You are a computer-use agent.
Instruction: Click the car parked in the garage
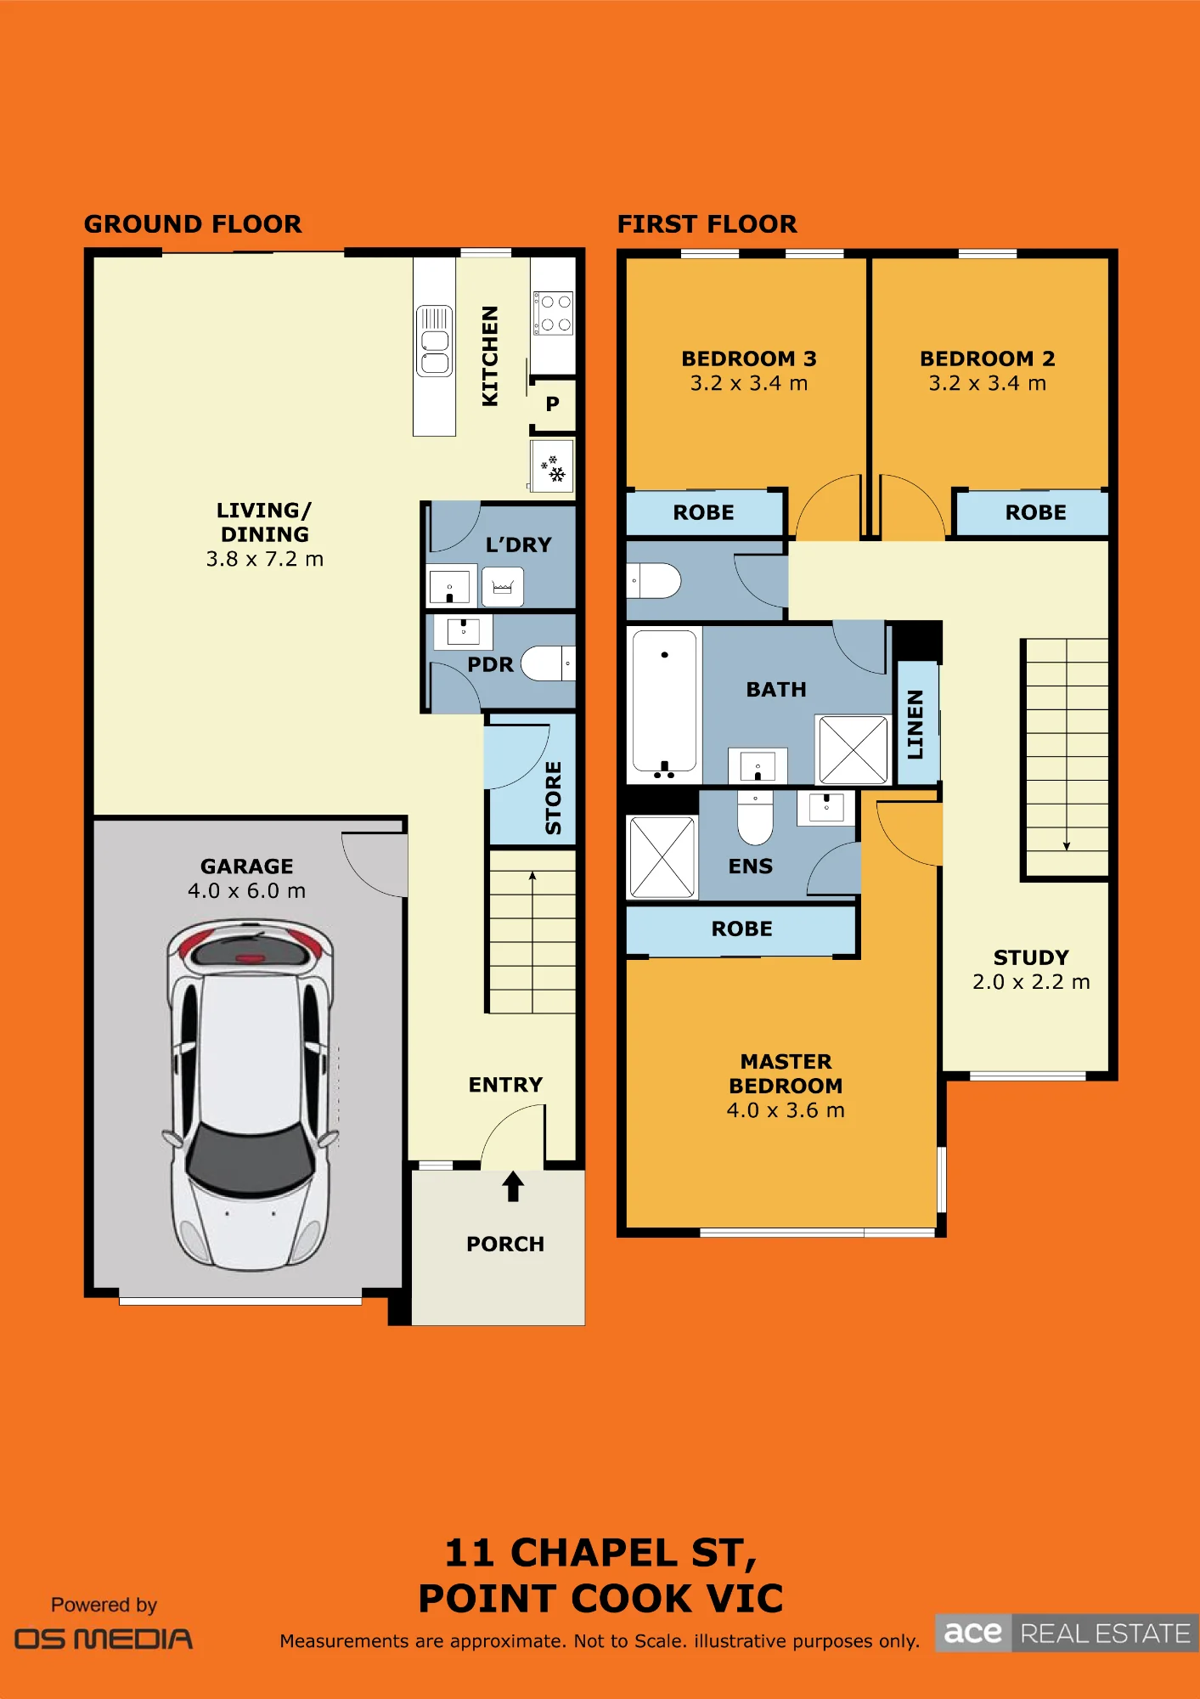250,1094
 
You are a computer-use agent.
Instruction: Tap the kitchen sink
434,341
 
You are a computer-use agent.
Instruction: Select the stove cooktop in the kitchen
553,313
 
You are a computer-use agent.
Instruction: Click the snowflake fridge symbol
553,468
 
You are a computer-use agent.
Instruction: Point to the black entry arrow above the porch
513,1186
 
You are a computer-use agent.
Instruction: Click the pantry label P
552,404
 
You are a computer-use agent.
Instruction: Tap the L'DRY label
518,545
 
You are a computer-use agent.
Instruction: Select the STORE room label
553,798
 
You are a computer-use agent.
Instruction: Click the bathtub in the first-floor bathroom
664,704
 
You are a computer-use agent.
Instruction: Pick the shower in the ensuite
662,856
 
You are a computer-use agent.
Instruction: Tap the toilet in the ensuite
755,817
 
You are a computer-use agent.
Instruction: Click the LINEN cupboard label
915,724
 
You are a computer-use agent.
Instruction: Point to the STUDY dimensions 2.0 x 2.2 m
1031,982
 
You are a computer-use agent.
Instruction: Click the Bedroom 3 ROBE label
703,512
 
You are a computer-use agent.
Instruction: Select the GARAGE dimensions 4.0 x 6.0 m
246,890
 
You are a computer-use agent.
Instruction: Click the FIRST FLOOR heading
707,224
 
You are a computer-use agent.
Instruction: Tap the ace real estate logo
1068,1633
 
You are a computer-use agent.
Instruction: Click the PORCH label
505,1244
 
